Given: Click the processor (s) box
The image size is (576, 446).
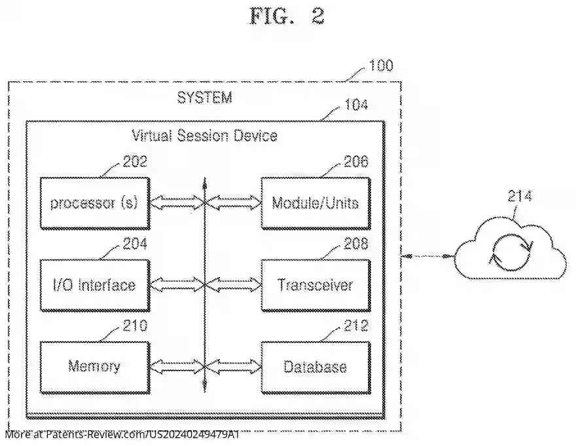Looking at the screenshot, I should (94, 203).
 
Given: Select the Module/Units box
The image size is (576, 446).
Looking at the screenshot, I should (315, 203).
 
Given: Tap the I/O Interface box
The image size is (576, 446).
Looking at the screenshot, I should (94, 285).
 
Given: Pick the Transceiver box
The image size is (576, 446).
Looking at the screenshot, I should (315, 285).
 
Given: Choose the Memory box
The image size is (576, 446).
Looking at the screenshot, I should (94, 366).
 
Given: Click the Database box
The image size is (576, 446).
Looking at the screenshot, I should (315, 366).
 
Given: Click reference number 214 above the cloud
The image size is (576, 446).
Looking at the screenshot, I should (520, 196).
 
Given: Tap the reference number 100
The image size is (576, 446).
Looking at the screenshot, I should (381, 65).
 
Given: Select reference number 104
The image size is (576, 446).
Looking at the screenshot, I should (355, 105).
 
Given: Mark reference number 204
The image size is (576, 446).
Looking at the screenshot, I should (135, 244).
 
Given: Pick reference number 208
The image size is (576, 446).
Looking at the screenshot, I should (355, 244).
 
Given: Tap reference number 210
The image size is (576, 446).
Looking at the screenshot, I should (135, 325).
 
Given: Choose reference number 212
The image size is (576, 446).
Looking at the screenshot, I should (355, 325).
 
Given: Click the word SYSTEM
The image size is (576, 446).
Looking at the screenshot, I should (204, 98).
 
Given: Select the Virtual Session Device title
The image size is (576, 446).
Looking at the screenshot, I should (204, 136).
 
